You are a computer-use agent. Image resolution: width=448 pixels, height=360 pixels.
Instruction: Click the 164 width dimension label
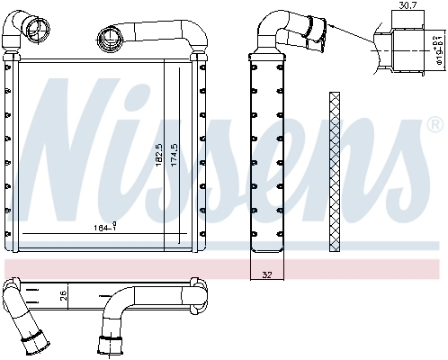[x=103, y=228]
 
